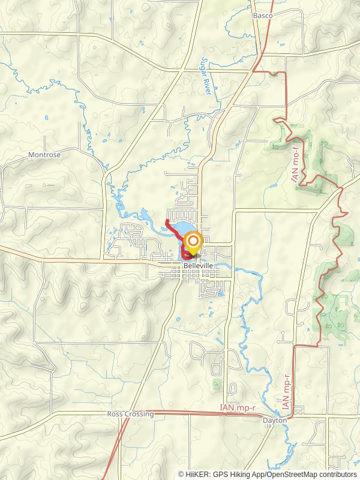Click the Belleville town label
(x=198, y=265)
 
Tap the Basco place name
(x=262, y=15)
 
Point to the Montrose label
(x=44, y=155)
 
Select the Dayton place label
(x=275, y=421)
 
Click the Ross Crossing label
(x=130, y=414)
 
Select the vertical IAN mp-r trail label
(x=287, y=392)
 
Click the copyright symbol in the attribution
(x=181, y=474)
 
